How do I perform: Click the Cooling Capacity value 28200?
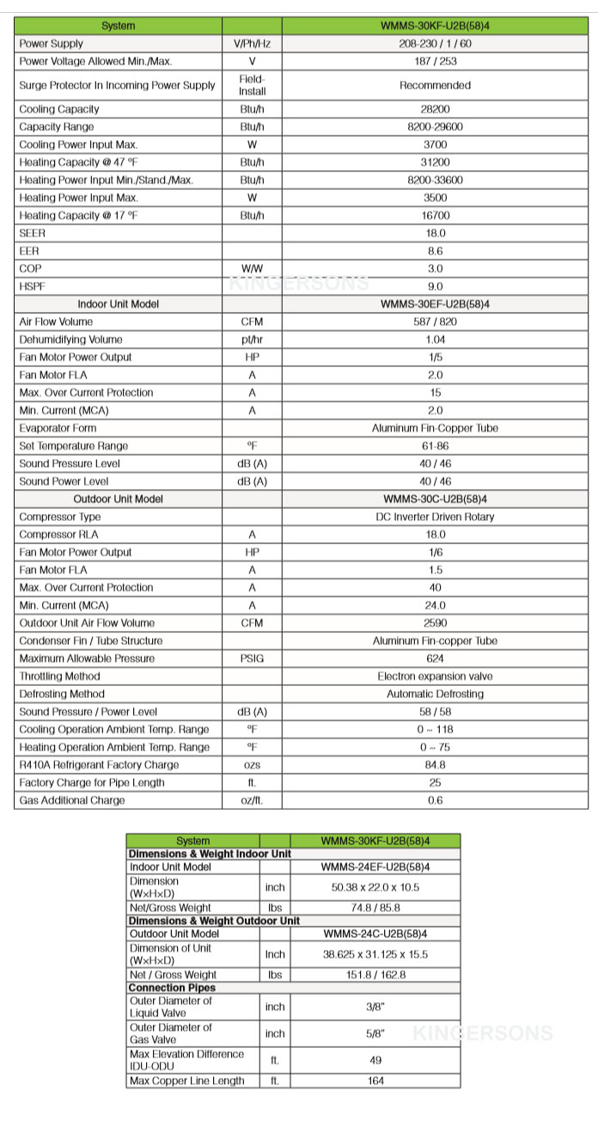coord(435,109)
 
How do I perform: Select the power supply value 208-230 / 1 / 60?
coord(435,44)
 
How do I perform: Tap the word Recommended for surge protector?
coord(435,85)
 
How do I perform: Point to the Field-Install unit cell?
coord(252,85)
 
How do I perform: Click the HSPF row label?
coord(32,286)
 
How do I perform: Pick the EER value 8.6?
coord(435,251)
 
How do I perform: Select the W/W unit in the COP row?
coord(252,269)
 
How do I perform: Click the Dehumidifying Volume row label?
coord(70,340)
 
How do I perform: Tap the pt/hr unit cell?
coord(252,340)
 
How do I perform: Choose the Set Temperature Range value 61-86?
coord(435,446)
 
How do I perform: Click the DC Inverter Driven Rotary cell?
coord(435,518)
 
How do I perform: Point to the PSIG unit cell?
coord(252,658)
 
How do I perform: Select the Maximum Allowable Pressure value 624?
coord(435,658)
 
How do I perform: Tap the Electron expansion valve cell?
coord(435,677)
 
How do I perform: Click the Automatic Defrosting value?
coord(435,694)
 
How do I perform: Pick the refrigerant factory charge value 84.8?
coord(435,765)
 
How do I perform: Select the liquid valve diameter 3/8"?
coord(375,1007)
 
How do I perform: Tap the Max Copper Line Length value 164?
coord(375,1081)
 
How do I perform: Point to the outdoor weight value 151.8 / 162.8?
coord(375,975)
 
